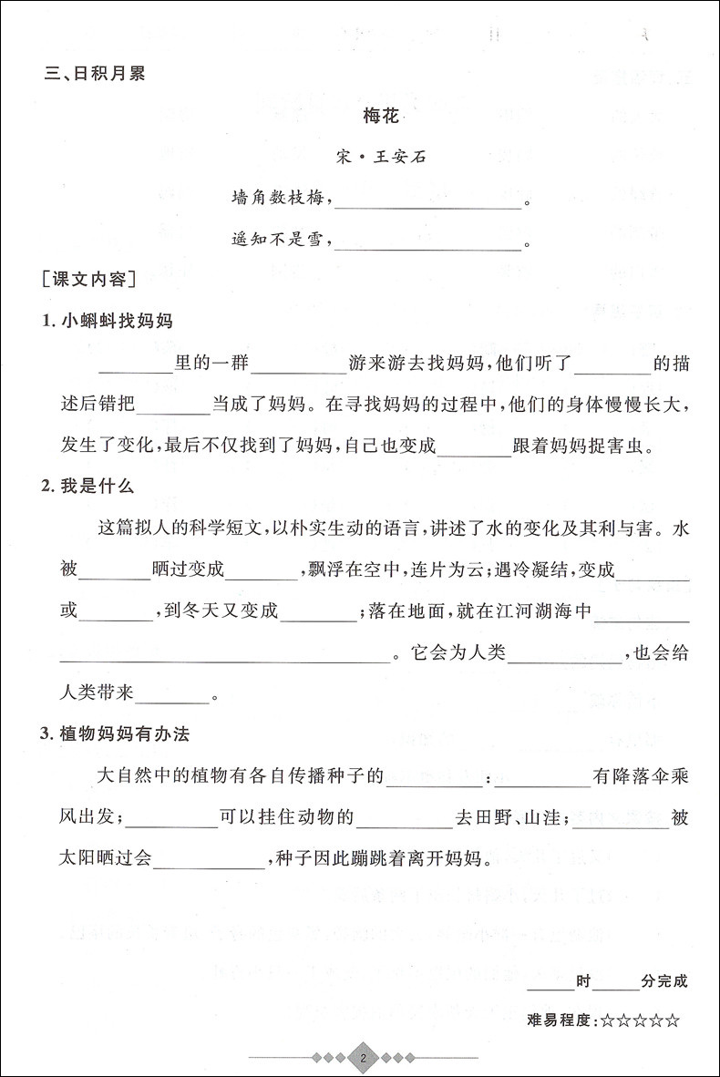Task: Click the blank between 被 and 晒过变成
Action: [x=117, y=571]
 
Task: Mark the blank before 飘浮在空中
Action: [x=261, y=571]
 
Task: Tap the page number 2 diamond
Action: [x=363, y=1059]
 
